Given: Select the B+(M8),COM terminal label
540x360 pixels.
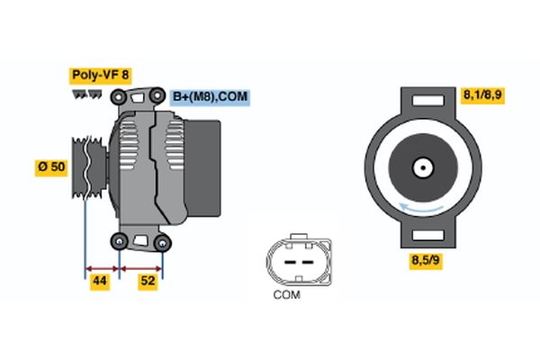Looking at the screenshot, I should click(208, 96).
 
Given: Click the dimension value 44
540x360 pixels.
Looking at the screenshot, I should click(101, 282).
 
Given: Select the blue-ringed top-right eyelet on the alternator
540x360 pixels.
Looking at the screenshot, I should click(158, 93).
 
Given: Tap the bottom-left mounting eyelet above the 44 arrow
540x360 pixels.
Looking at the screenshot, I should click(119, 240).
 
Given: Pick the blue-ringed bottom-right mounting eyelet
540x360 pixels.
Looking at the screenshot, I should click(162, 241).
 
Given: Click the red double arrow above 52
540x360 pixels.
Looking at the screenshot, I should click(140, 268).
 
